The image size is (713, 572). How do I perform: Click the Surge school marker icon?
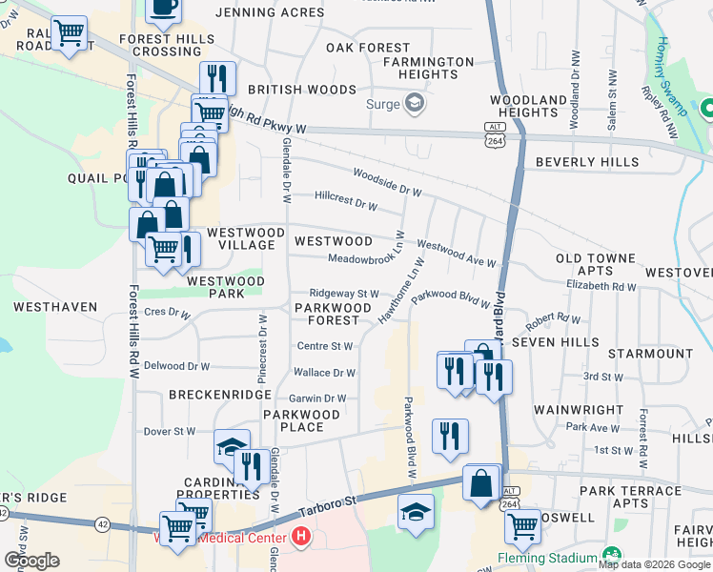(x=415, y=102)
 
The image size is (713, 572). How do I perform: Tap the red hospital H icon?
(x=301, y=537)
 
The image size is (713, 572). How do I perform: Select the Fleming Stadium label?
(x=546, y=557)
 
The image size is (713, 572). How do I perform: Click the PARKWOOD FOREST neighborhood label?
(x=332, y=315)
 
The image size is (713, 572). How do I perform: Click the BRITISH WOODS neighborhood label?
(x=302, y=90)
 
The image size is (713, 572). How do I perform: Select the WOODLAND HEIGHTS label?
(x=529, y=106)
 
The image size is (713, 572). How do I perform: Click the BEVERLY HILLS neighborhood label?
(x=586, y=162)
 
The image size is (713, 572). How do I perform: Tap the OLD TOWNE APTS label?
(x=596, y=265)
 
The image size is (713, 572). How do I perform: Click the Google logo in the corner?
(x=31, y=561)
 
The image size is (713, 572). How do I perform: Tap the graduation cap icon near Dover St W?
(x=232, y=446)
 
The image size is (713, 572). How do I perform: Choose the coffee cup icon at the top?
(x=163, y=8)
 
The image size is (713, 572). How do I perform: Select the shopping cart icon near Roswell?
(x=522, y=524)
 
